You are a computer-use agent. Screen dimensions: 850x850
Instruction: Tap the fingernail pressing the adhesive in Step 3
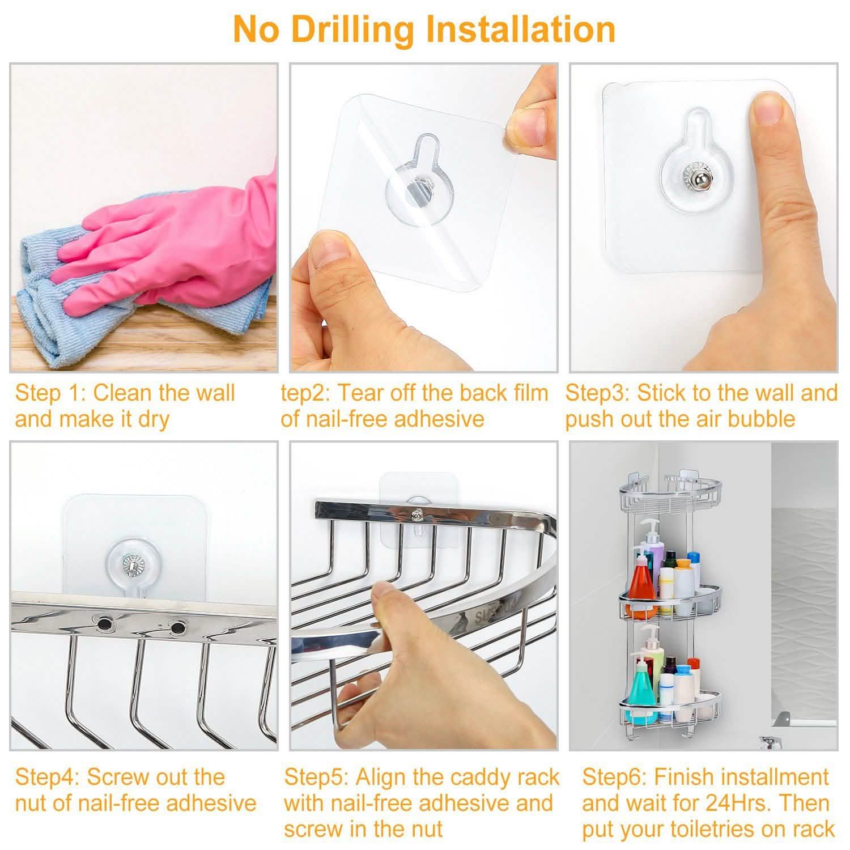(770, 109)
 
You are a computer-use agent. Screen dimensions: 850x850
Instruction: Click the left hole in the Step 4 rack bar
(104, 624)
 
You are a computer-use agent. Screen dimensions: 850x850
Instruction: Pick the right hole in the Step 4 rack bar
(177, 628)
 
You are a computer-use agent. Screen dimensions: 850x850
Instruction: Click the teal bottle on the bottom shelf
(643, 694)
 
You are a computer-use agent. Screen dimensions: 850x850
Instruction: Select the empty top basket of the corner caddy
(670, 490)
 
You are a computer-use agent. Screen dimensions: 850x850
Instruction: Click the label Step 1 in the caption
(48, 393)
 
